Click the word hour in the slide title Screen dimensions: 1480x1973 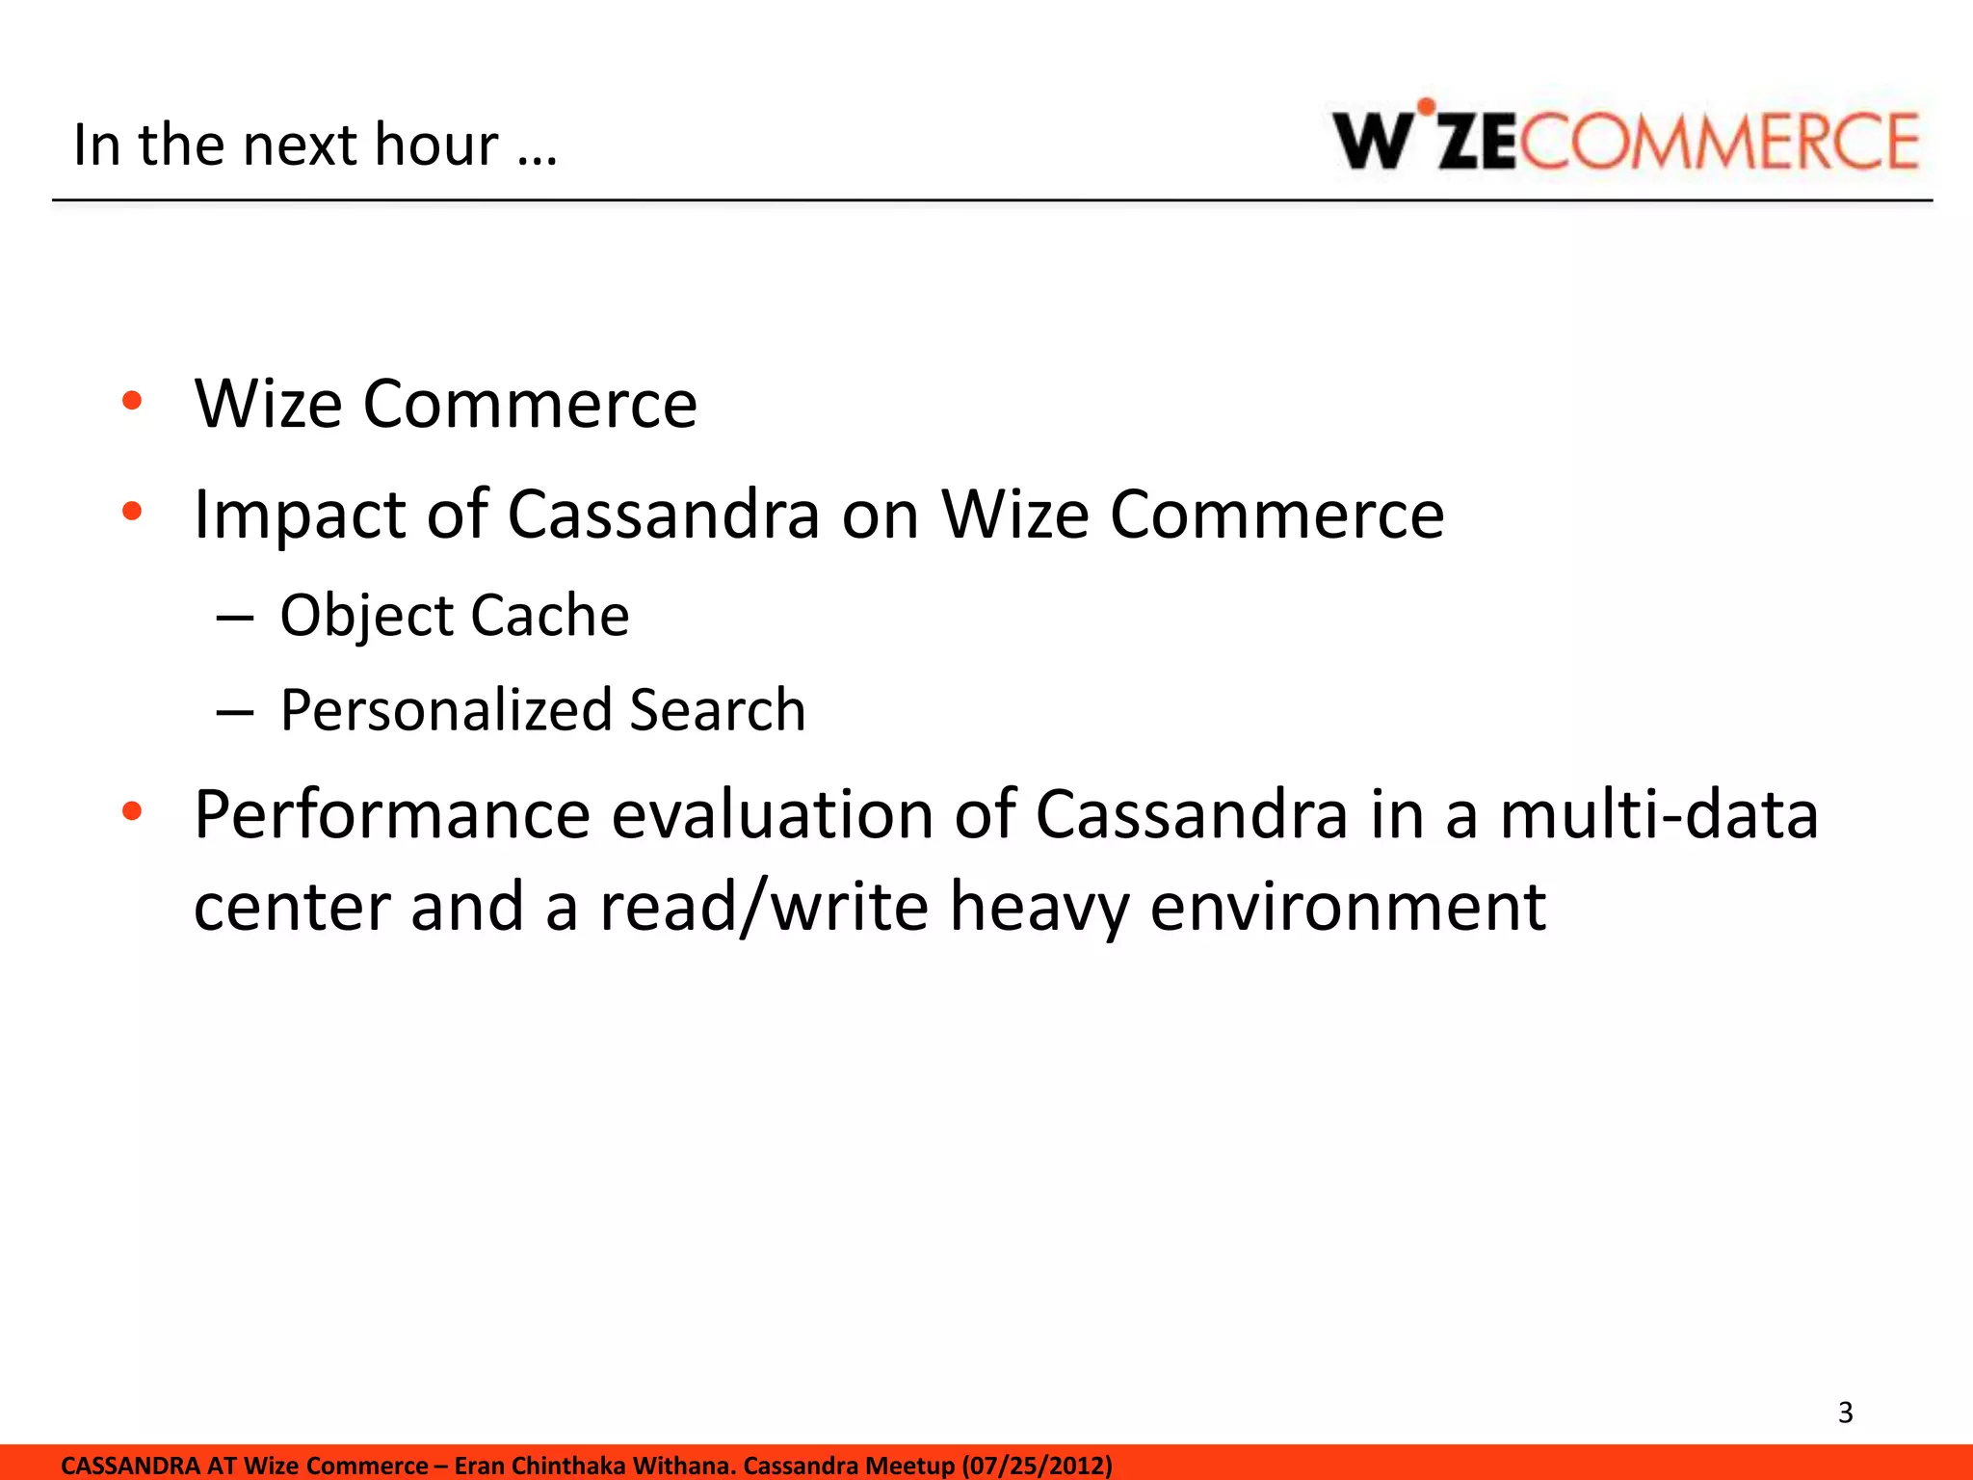pos(435,145)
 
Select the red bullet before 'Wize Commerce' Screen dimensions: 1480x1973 pos(132,400)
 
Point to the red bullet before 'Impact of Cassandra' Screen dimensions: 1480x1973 pos(132,511)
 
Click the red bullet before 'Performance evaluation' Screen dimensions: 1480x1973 pos(132,811)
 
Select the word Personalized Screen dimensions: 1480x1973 pos(446,710)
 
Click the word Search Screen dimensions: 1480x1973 pos(718,710)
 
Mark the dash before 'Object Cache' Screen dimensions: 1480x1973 pos(235,618)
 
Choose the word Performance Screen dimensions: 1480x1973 pos(391,815)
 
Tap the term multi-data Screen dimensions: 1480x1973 pos(1659,815)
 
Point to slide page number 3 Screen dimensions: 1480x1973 pos(1845,1413)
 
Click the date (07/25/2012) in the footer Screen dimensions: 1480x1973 pos(1037,1466)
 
